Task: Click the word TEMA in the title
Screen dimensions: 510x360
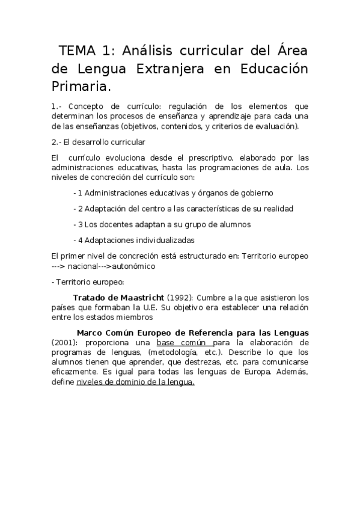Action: tap(77, 51)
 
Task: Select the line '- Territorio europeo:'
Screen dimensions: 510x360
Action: tap(88, 281)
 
